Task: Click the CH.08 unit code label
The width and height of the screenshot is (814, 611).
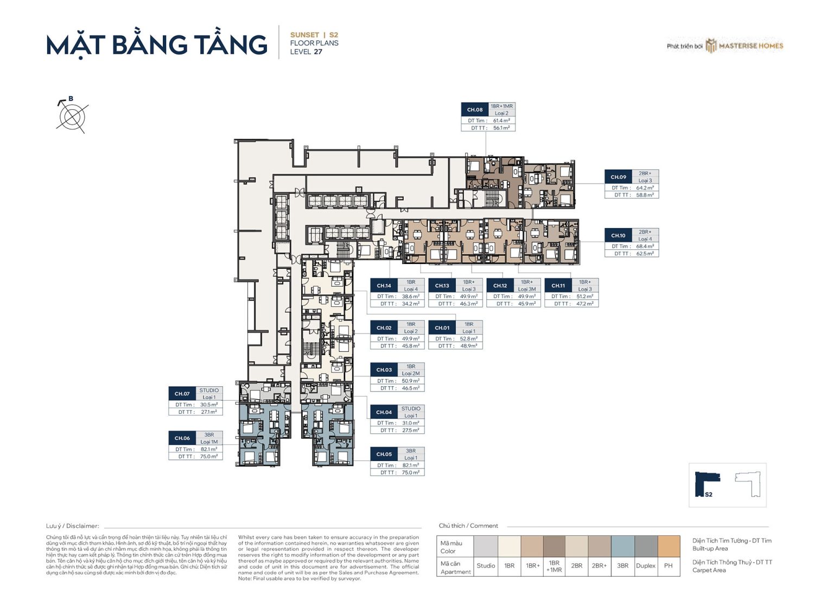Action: point(475,110)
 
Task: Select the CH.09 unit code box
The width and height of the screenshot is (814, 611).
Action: point(618,177)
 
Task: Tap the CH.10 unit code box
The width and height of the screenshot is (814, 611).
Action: point(618,236)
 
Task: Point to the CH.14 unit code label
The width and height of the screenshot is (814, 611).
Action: point(384,286)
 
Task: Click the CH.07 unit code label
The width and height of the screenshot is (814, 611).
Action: point(182,394)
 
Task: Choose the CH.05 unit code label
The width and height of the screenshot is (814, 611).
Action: point(384,454)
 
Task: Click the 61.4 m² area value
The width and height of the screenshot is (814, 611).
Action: point(501,121)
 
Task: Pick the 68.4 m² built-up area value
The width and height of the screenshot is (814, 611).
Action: point(645,247)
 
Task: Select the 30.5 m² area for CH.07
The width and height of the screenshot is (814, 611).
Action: point(209,405)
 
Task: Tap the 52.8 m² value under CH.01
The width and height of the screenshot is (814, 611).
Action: point(468,339)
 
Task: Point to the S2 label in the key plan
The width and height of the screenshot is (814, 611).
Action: point(709,494)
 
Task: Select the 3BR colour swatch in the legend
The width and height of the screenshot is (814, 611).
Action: point(622,546)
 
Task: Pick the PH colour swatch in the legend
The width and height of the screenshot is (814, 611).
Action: point(669,546)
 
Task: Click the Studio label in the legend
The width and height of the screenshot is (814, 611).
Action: point(486,566)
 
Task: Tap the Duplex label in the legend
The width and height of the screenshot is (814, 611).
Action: point(646,566)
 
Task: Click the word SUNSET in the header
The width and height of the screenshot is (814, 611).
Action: point(304,35)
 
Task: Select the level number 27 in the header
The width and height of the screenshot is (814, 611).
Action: point(318,52)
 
